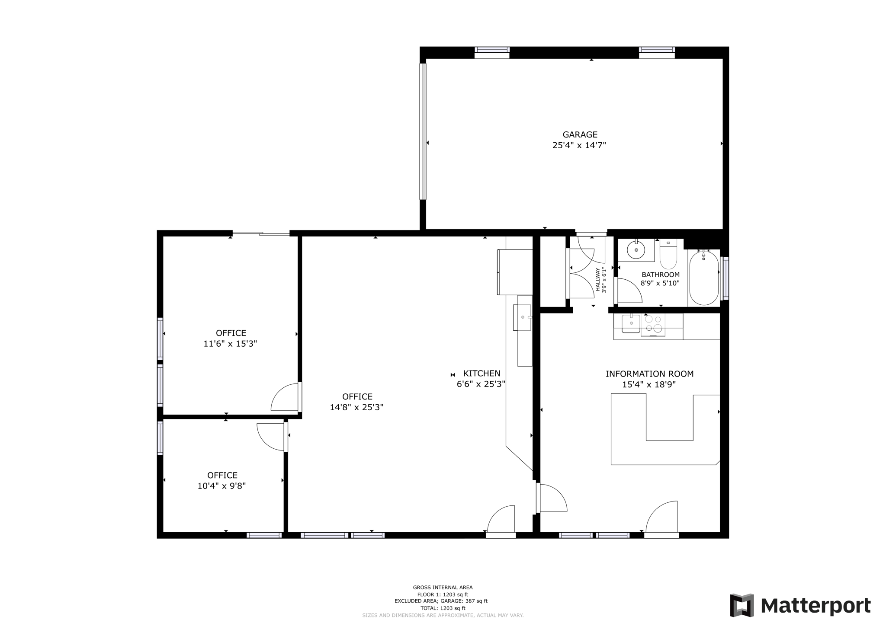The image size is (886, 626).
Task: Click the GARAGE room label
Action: [580, 134]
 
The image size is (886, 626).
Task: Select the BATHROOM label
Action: [660, 275]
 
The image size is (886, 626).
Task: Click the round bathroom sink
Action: [636, 249]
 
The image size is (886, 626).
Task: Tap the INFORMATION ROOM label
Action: [649, 374]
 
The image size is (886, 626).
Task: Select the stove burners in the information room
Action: [653, 324]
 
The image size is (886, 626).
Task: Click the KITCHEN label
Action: [482, 374]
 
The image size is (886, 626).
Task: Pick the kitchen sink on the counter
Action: [523, 317]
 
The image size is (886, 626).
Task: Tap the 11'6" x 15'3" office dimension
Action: [230, 344]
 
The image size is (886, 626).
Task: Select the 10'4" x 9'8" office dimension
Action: [221, 486]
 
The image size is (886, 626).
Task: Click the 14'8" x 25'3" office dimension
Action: [356, 407]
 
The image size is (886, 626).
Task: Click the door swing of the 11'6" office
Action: [285, 398]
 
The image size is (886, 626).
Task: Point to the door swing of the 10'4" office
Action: [271, 436]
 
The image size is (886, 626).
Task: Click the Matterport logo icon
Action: [742, 605]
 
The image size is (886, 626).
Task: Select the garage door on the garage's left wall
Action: [423, 131]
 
